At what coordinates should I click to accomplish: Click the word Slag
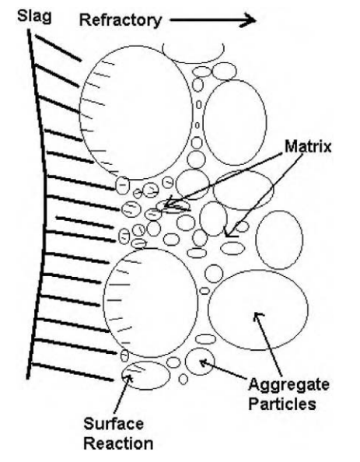coord(34,16)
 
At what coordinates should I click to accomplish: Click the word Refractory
coord(121,21)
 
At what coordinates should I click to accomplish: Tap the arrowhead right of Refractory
coord(248,20)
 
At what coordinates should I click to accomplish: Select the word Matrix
coord(308,146)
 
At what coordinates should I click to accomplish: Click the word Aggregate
coord(288,386)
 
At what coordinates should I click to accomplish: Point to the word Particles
coord(282,404)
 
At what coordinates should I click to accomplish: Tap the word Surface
coord(114,425)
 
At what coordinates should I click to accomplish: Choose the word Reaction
coord(118,443)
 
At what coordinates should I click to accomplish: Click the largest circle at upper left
coord(80,114)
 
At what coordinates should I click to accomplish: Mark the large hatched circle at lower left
coord(103,303)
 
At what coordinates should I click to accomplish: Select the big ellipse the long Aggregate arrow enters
coord(208,310)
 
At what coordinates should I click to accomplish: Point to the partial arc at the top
coord(193,62)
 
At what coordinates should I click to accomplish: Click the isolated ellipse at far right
coord(256,240)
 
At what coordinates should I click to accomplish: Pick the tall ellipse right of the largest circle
coord(204,122)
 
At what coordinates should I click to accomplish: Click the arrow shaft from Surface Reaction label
coord(121,395)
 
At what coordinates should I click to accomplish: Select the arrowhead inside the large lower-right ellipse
coord(258,316)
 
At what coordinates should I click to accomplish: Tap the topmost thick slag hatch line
coord(58,48)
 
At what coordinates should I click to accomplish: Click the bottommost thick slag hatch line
coord(72,373)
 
